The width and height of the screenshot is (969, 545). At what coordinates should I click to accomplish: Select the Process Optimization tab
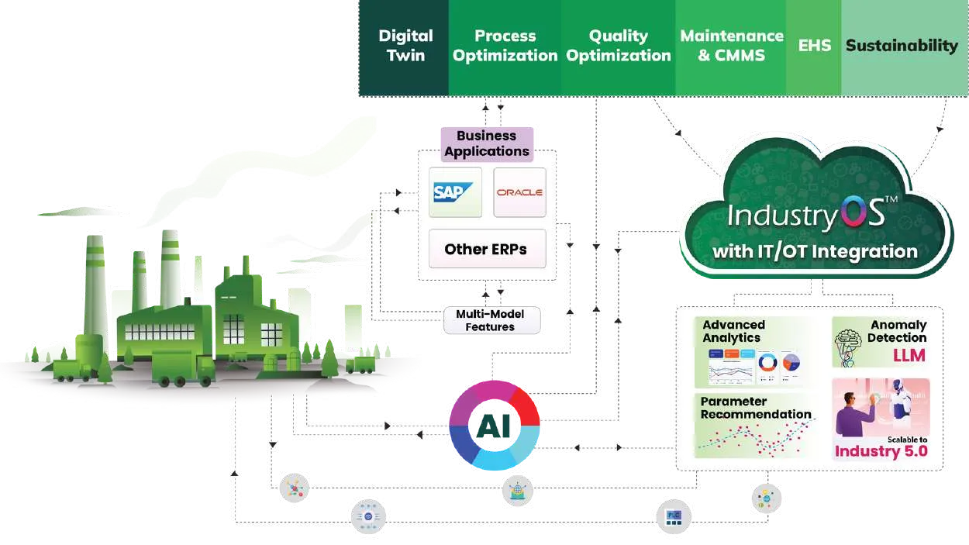click(505, 46)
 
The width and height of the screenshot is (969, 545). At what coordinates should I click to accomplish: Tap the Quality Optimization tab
click(618, 46)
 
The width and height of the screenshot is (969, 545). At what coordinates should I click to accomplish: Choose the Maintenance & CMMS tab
click(731, 46)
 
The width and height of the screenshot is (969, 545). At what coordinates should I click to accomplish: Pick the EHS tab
click(814, 46)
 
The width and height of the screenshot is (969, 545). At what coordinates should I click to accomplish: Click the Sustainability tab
click(902, 46)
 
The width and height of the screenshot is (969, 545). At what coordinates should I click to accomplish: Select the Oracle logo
click(519, 192)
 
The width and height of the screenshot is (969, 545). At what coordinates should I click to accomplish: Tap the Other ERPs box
click(486, 249)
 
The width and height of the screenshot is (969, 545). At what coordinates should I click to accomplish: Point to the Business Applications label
click(487, 143)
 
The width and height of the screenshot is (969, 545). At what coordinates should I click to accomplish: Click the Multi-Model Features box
click(490, 320)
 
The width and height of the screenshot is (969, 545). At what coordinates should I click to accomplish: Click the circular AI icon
click(494, 426)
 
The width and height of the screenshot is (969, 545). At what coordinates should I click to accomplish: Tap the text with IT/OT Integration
click(815, 251)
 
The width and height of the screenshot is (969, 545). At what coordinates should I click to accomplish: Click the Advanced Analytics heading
click(733, 331)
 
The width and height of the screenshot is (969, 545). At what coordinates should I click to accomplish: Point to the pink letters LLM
click(909, 355)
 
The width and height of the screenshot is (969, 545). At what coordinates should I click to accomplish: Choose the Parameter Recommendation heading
click(755, 408)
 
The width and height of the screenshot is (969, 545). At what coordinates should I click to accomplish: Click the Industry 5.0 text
click(881, 451)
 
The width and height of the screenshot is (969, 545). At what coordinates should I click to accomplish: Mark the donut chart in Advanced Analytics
click(768, 361)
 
